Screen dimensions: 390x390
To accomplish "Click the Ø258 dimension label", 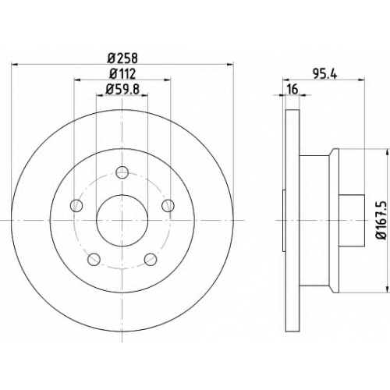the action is pyautogui.click(x=122, y=58).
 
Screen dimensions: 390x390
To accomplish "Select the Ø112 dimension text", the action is pyautogui.click(x=122, y=74).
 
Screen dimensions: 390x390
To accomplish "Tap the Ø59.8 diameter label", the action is pyautogui.click(x=122, y=89).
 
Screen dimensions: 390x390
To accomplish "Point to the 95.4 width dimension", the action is pyautogui.click(x=325, y=74).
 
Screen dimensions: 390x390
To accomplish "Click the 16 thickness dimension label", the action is pyautogui.click(x=292, y=90).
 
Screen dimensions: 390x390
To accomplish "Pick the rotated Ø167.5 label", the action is pyautogui.click(x=382, y=220).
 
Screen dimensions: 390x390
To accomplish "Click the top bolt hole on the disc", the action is pyautogui.click(x=122, y=172).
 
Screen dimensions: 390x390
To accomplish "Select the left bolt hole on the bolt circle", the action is pyautogui.click(x=76, y=205).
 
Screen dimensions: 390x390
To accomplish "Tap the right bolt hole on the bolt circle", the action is pyautogui.click(x=168, y=205).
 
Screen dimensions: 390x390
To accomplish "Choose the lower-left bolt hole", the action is pyautogui.click(x=94, y=259).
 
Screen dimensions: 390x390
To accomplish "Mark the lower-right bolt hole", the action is pyautogui.click(x=151, y=259).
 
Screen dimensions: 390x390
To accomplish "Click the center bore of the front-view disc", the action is pyautogui.click(x=122, y=220).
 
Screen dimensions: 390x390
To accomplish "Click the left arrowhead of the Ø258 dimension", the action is pyautogui.click(x=15, y=64).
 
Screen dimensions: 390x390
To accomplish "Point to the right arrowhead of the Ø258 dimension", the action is pyautogui.click(x=230, y=64).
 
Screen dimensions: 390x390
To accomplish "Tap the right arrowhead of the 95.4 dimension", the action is pyautogui.click(x=362, y=80).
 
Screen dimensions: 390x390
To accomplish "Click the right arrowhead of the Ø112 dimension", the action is pyautogui.click(x=167, y=80).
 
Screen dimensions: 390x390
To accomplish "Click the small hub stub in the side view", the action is pyautogui.click(x=352, y=220).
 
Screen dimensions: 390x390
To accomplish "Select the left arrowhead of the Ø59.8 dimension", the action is pyautogui.click(x=100, y=95).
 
